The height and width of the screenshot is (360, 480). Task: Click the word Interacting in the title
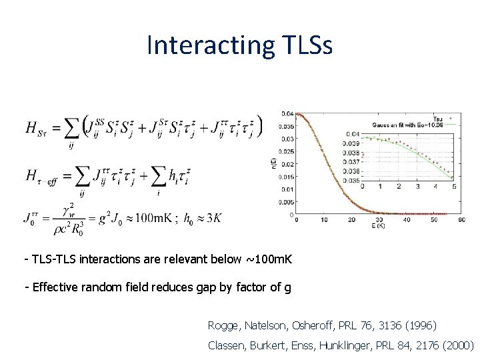click(207, 45)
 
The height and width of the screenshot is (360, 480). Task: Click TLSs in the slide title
click(303, 45)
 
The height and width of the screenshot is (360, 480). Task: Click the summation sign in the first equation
click(71, 127)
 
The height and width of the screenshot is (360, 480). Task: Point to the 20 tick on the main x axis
click(351, 220)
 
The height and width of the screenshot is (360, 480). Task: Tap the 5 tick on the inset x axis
click(453, 187)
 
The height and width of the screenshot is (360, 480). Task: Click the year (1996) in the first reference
click(419, 325)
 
